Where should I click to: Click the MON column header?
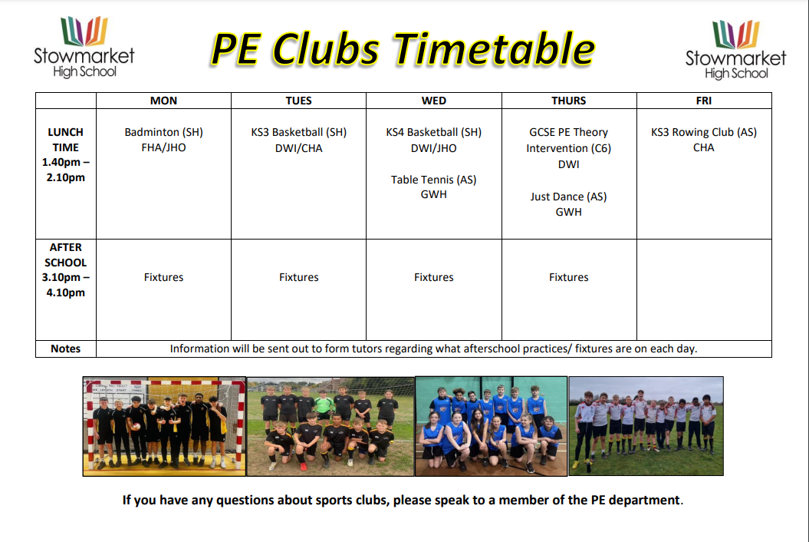163,101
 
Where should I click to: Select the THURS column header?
568,101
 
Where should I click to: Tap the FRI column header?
704,101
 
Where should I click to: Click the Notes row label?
65,349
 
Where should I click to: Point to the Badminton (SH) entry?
163,132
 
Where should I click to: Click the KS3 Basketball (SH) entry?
299,132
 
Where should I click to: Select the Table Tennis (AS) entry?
433,180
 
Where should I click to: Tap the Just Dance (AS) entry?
568,197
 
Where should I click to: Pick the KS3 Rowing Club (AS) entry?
704,132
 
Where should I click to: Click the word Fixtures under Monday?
163,277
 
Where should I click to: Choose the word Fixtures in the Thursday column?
568,277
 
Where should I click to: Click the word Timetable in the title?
494,49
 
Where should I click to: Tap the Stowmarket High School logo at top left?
84,47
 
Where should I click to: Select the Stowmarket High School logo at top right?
735,50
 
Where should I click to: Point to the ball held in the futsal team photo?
136,426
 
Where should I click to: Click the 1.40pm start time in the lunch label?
61,162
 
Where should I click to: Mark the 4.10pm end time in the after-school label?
65,293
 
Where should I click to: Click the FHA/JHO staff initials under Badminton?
163,147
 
